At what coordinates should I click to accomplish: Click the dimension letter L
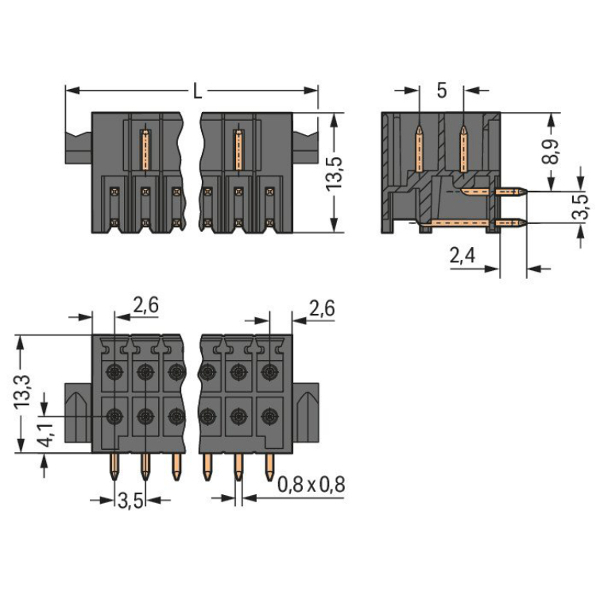point(196,91)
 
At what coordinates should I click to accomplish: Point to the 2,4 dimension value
point(463,256)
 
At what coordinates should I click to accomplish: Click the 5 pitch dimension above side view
point(441,91)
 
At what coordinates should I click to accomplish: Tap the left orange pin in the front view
point(145,149)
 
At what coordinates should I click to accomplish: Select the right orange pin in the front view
point(238,149)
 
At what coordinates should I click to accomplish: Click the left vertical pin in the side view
point(419,147)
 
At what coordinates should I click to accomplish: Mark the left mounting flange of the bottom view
point(79,412)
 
